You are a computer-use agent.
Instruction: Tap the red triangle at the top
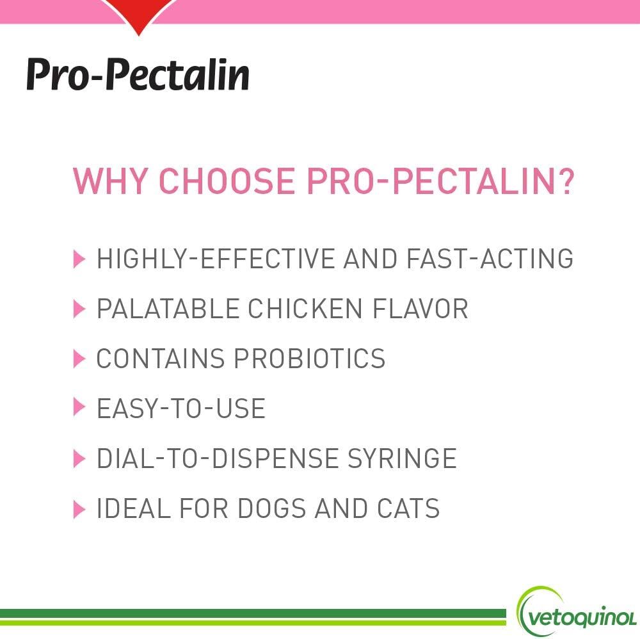pos(138,17)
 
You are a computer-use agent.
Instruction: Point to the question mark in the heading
pos(563,182)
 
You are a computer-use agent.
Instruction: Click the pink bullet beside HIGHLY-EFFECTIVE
pos(79,259)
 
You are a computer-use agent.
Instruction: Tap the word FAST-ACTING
pos(490,259)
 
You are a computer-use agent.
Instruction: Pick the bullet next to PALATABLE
pos(79,309)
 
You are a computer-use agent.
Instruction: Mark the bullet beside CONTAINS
pos(79,359)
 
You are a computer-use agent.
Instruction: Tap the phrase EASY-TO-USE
pos(180,408)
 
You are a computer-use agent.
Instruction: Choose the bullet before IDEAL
pos(79,509)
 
